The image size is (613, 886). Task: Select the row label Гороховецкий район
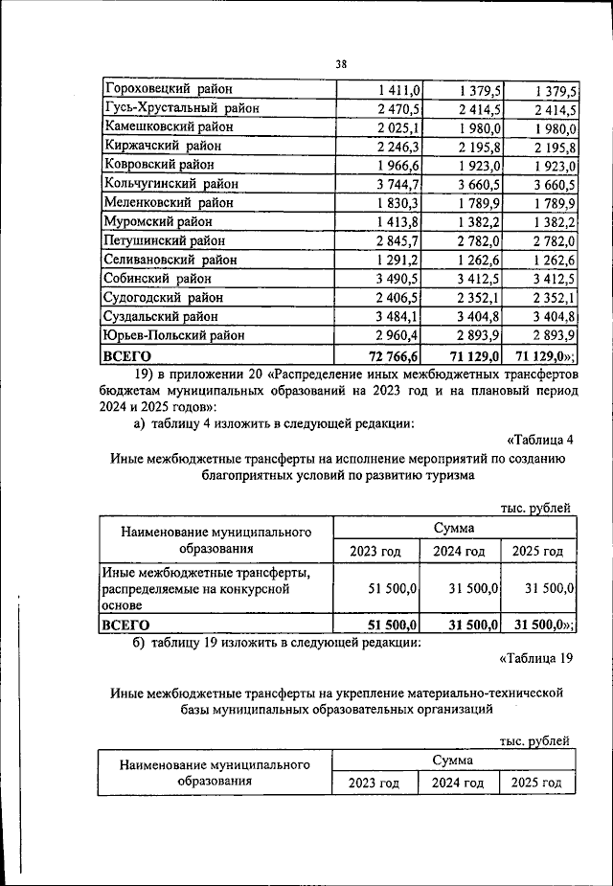(x=169, y=90)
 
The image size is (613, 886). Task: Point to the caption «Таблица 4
(x=538, y=440)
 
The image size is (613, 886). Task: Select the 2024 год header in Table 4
(x=458, y=552)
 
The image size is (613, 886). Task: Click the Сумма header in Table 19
(x=452, y=760)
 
